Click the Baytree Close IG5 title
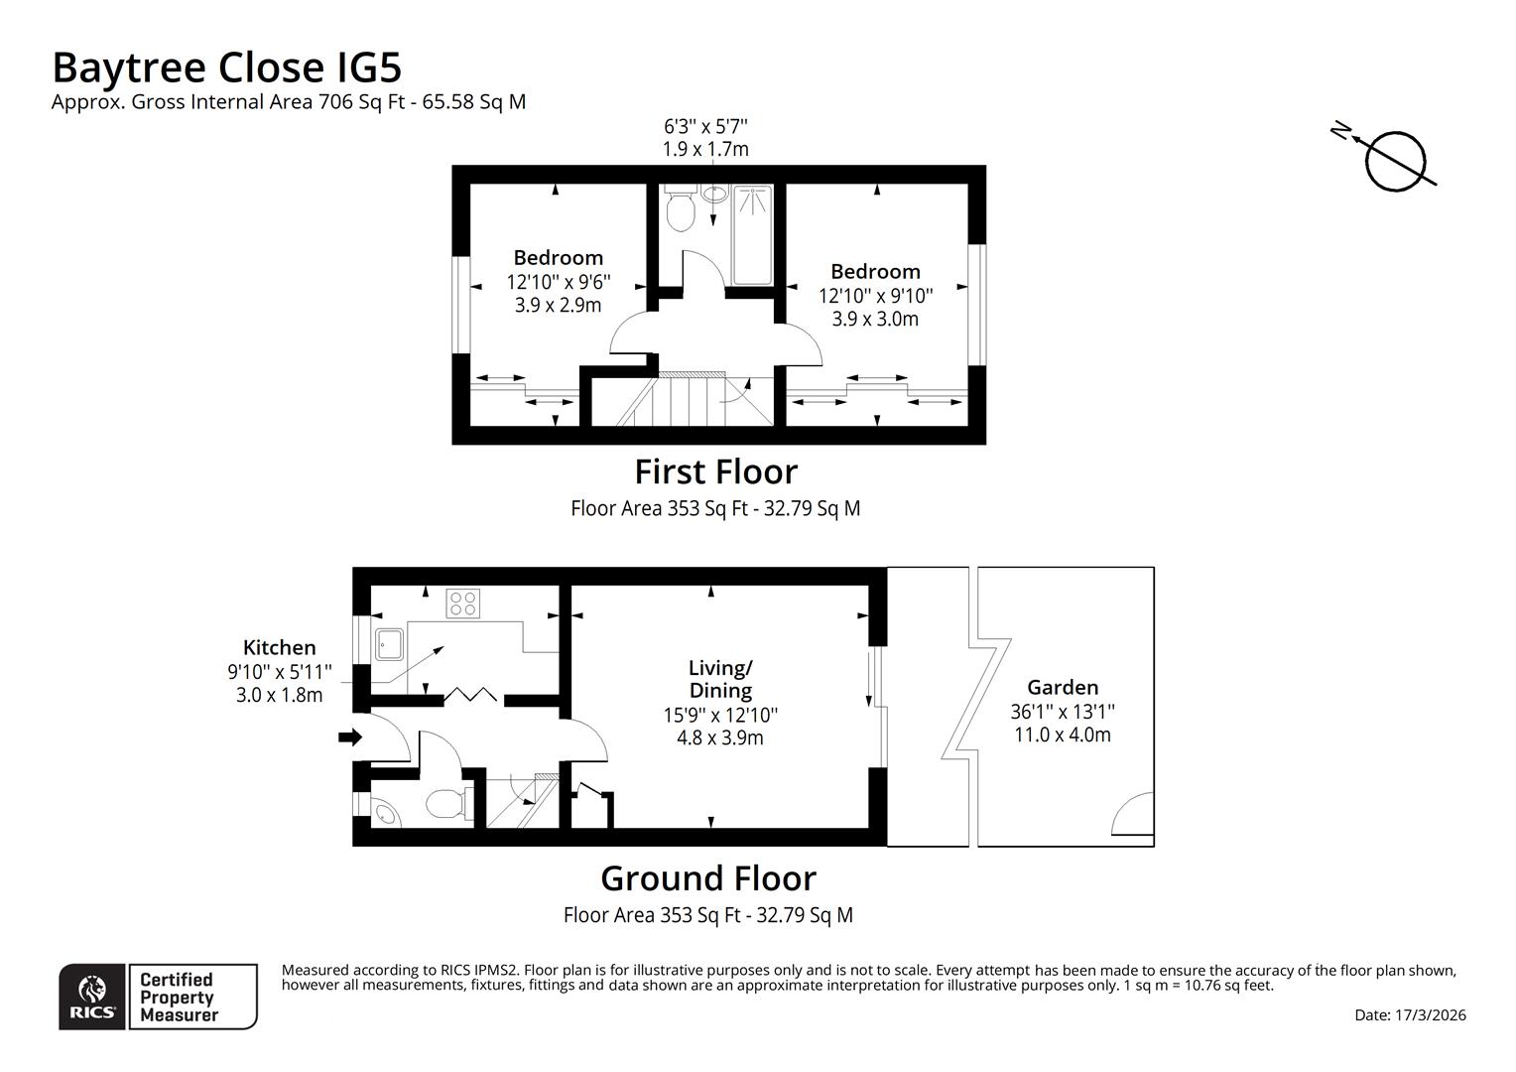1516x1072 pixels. [227, 67]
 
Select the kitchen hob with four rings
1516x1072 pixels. [463, 603]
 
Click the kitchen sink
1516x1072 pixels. [389, 645]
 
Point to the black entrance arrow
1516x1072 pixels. [350, 737]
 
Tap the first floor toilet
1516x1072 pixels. [680, 207]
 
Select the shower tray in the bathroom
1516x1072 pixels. [752, 235]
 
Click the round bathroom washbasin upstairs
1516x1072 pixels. [714, 194]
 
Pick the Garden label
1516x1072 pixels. [1063, 687]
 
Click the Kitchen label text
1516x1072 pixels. [280, 648]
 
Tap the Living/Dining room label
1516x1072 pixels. [720, 679]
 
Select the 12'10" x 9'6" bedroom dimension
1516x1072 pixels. [559, 281]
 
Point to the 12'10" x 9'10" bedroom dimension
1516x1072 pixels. [876, 296]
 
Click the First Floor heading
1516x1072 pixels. [716, 472]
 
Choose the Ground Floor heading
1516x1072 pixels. [708, 878]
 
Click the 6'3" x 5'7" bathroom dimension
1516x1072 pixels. [705, 127]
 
